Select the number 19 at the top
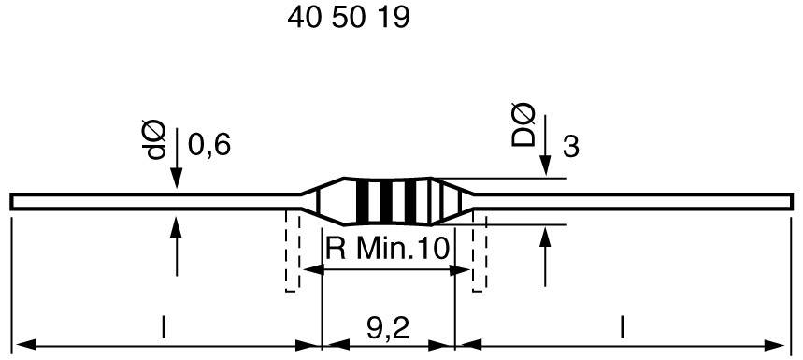coord(393,19)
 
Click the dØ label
coord(156,143)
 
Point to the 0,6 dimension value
coord(208,145)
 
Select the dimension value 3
coord(570,147)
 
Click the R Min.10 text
coord(387,248)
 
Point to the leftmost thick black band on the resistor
coord(361,201)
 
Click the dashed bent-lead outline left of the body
coord(293,252)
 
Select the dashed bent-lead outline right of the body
coord(480,252)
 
